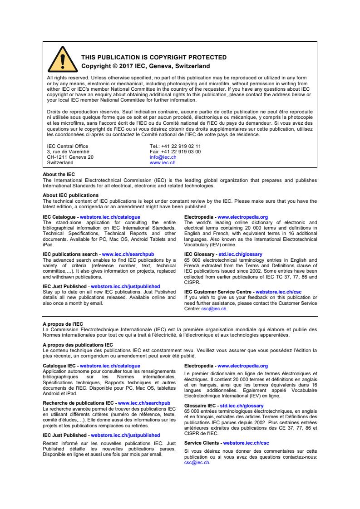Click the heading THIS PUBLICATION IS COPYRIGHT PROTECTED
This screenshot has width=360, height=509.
point(153,58)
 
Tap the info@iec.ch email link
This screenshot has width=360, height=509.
point(163,157)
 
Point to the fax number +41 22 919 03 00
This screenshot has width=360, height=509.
point(182,152)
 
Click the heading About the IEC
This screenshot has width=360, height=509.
point(59,174)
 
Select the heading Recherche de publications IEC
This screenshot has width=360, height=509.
point(79,402)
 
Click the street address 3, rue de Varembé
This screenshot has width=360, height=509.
point(68,152)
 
